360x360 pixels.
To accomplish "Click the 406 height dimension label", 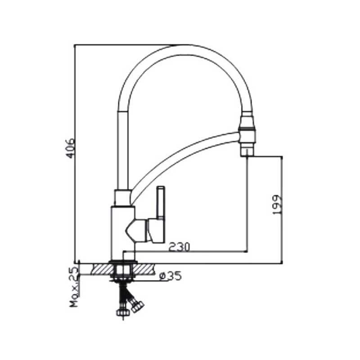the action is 70,148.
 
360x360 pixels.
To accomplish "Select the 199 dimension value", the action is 277,205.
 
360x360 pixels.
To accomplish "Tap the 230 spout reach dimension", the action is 180,247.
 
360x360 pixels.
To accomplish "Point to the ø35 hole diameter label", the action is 171,276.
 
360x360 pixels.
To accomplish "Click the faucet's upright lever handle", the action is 161,202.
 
